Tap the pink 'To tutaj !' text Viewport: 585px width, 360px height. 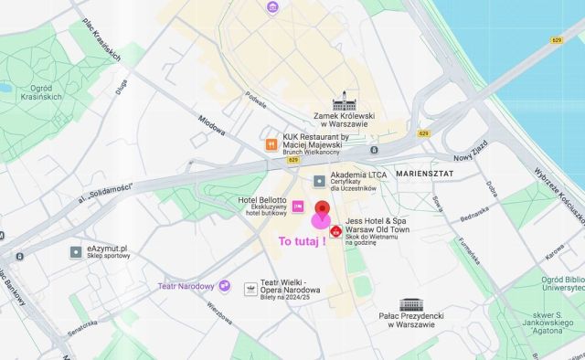tap(303, 241)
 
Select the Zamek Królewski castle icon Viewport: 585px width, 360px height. tap(345, 101)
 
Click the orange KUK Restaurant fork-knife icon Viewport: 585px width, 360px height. tap(271, 144)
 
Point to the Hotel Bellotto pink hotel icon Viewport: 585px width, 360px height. tap(297, 206)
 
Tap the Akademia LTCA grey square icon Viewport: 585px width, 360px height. tap(319, 180)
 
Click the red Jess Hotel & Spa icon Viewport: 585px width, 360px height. tap(336, 232)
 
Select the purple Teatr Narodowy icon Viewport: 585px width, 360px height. tap(224, 287)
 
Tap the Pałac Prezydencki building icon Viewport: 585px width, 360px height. tap(411, 304)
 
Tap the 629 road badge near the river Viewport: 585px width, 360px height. tap(557, 40)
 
